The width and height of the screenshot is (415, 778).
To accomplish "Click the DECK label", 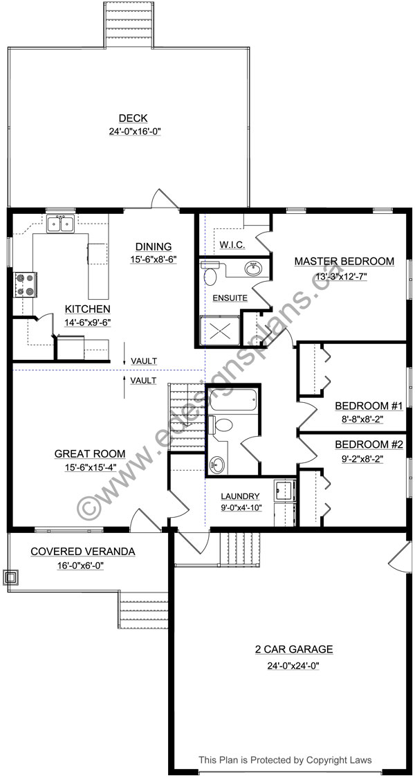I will [132, 118].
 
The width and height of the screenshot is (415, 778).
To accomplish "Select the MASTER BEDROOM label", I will [344, 262].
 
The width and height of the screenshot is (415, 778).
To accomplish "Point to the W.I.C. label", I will [229, 246].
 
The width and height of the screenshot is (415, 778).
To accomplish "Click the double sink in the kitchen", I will [61, 224].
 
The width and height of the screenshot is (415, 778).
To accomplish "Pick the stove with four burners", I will [26, 284].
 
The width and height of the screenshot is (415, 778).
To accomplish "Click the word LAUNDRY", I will [240, 496].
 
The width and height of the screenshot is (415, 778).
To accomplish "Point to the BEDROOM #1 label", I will [359, 406].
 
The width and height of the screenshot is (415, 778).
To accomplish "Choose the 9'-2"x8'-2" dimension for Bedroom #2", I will [359, 458].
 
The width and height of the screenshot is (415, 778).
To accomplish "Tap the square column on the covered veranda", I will [12, 576].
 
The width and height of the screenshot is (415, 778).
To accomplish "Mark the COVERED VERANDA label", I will [82, 552].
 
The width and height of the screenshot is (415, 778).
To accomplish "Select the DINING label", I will [154, 247].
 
